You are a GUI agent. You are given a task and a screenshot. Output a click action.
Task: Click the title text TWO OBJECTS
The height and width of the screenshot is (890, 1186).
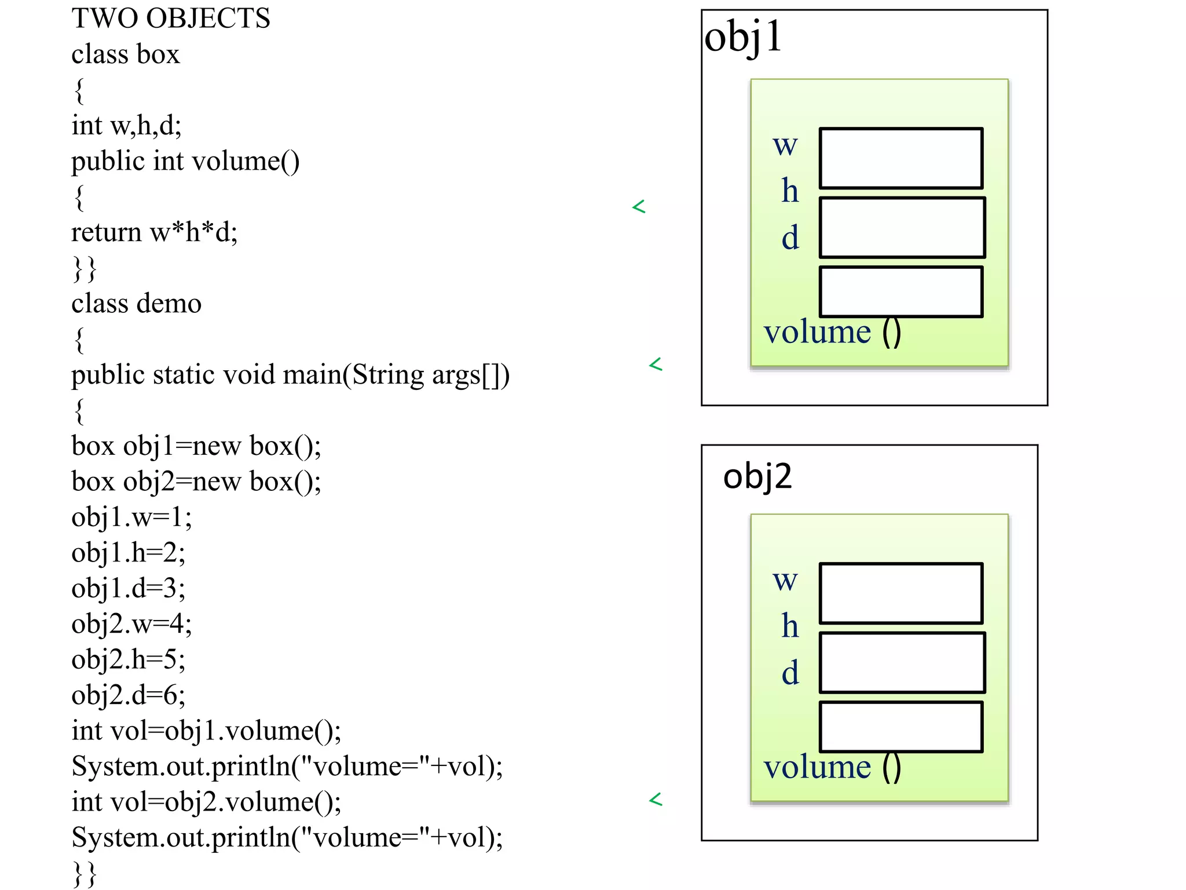[171, 19]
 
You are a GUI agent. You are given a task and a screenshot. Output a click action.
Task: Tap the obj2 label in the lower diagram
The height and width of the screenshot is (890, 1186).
[757, 476]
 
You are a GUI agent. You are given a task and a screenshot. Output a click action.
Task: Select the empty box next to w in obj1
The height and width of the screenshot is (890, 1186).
[901, 158]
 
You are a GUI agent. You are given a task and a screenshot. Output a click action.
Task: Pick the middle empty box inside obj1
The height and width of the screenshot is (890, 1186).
[902, 227]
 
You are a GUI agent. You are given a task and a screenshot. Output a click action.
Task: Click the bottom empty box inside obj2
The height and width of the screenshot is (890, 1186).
[901, 727]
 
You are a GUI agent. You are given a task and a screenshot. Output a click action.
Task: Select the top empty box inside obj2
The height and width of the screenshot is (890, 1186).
[901, 593]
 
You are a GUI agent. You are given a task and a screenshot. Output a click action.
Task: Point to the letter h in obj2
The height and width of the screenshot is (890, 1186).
[790, 626]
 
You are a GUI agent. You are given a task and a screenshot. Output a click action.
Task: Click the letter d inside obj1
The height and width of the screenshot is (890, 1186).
[790, 238]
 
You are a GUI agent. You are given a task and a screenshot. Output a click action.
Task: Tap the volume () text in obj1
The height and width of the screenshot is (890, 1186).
[832, 333]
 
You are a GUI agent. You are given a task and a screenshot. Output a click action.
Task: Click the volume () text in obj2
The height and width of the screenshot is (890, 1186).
[832, 768]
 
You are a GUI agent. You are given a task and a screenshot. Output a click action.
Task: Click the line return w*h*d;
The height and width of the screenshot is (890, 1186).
[154, 232]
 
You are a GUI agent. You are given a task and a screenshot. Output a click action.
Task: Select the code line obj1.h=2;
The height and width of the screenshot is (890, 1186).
[128, 553]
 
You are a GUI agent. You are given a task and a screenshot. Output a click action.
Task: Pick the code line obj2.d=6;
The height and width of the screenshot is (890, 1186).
[128, 695]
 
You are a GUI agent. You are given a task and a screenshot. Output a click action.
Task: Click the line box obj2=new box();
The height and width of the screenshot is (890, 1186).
[196, 482]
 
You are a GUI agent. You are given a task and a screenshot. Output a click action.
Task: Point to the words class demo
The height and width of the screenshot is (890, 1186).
[136, 304]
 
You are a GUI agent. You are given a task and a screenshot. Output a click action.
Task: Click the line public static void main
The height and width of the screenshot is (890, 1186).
[290, 375]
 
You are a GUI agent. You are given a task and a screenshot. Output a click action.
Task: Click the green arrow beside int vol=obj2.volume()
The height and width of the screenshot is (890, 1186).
[656, 800]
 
